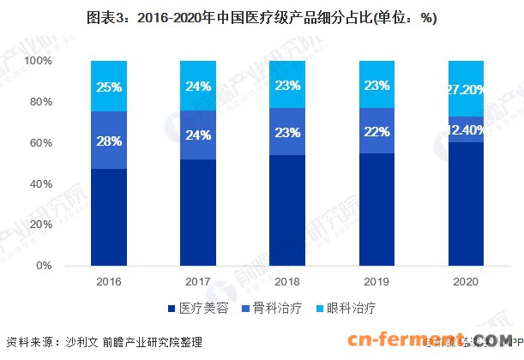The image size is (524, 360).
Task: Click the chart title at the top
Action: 262,18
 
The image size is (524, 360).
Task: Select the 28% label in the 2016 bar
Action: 109,140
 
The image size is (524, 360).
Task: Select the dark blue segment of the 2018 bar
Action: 288,210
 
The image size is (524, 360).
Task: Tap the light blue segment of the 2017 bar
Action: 198,86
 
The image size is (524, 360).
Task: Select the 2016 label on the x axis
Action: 109,281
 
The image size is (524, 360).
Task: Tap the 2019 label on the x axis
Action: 377,281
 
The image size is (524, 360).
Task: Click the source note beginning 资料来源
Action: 104,342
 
